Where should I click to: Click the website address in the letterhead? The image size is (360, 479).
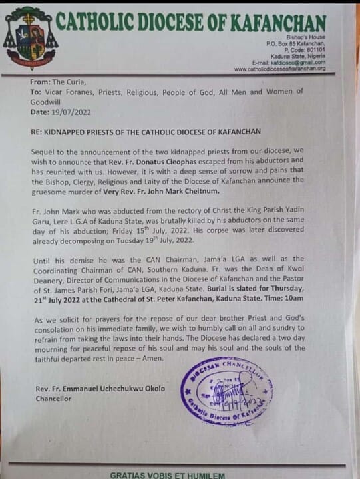(279, 68)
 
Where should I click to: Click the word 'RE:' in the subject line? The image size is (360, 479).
(37, 133)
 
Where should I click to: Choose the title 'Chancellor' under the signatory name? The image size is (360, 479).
(52, 399)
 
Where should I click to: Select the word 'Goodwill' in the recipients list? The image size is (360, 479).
(51, 100)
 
